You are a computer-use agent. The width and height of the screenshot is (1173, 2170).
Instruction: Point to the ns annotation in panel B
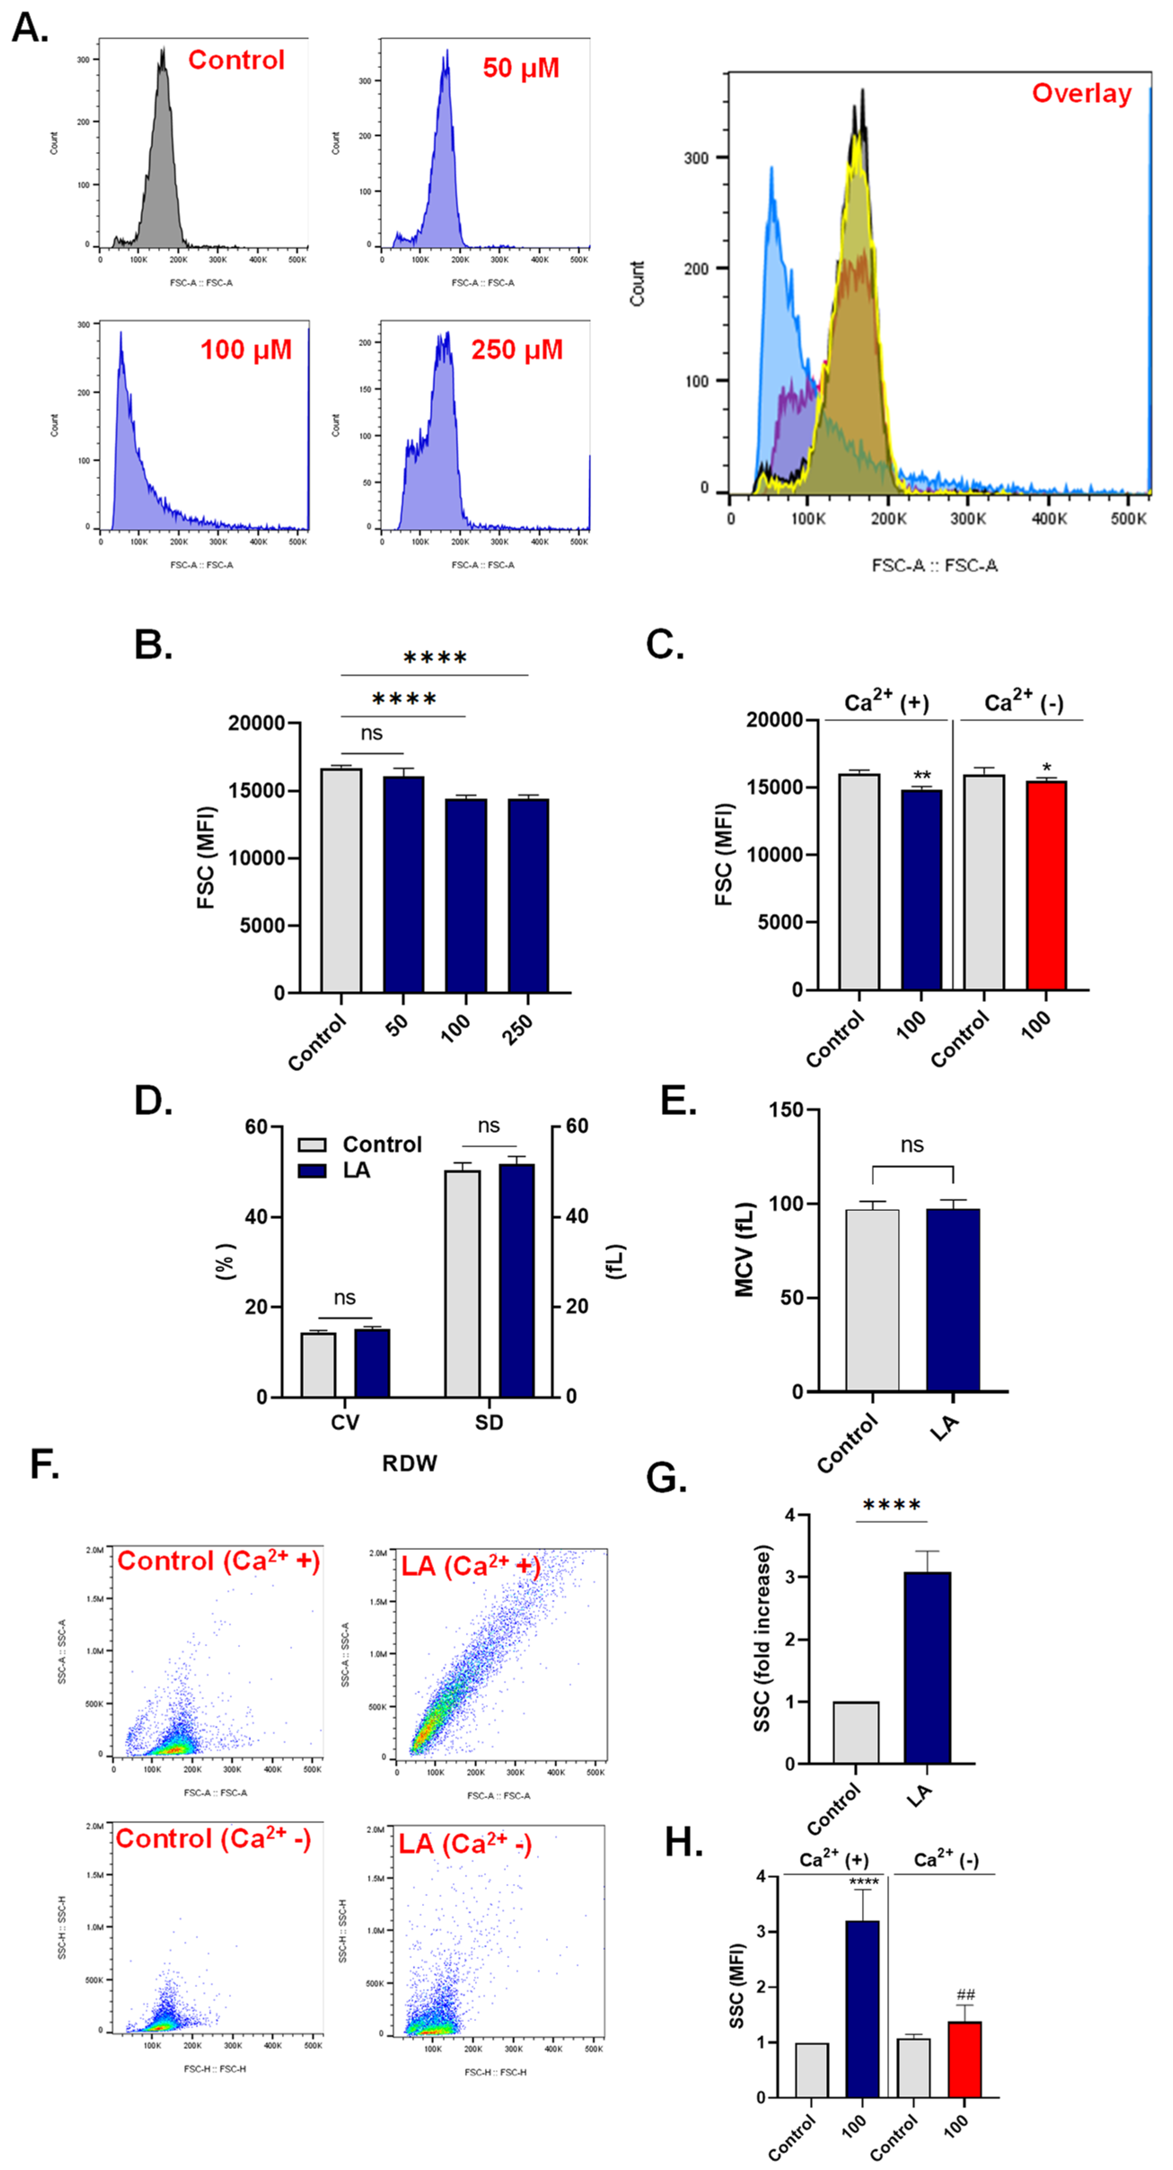[372, 734]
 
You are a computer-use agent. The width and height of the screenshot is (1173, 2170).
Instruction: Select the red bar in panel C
[1046, 886]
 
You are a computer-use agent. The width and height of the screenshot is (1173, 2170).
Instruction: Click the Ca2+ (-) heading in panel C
[1023, 701]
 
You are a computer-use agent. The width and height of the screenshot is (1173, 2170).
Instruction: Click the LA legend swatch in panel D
[312, 1171]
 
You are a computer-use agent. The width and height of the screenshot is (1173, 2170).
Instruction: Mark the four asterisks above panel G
[892, 1504]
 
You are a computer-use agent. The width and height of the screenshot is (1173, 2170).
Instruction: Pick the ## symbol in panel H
[965, 1995]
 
